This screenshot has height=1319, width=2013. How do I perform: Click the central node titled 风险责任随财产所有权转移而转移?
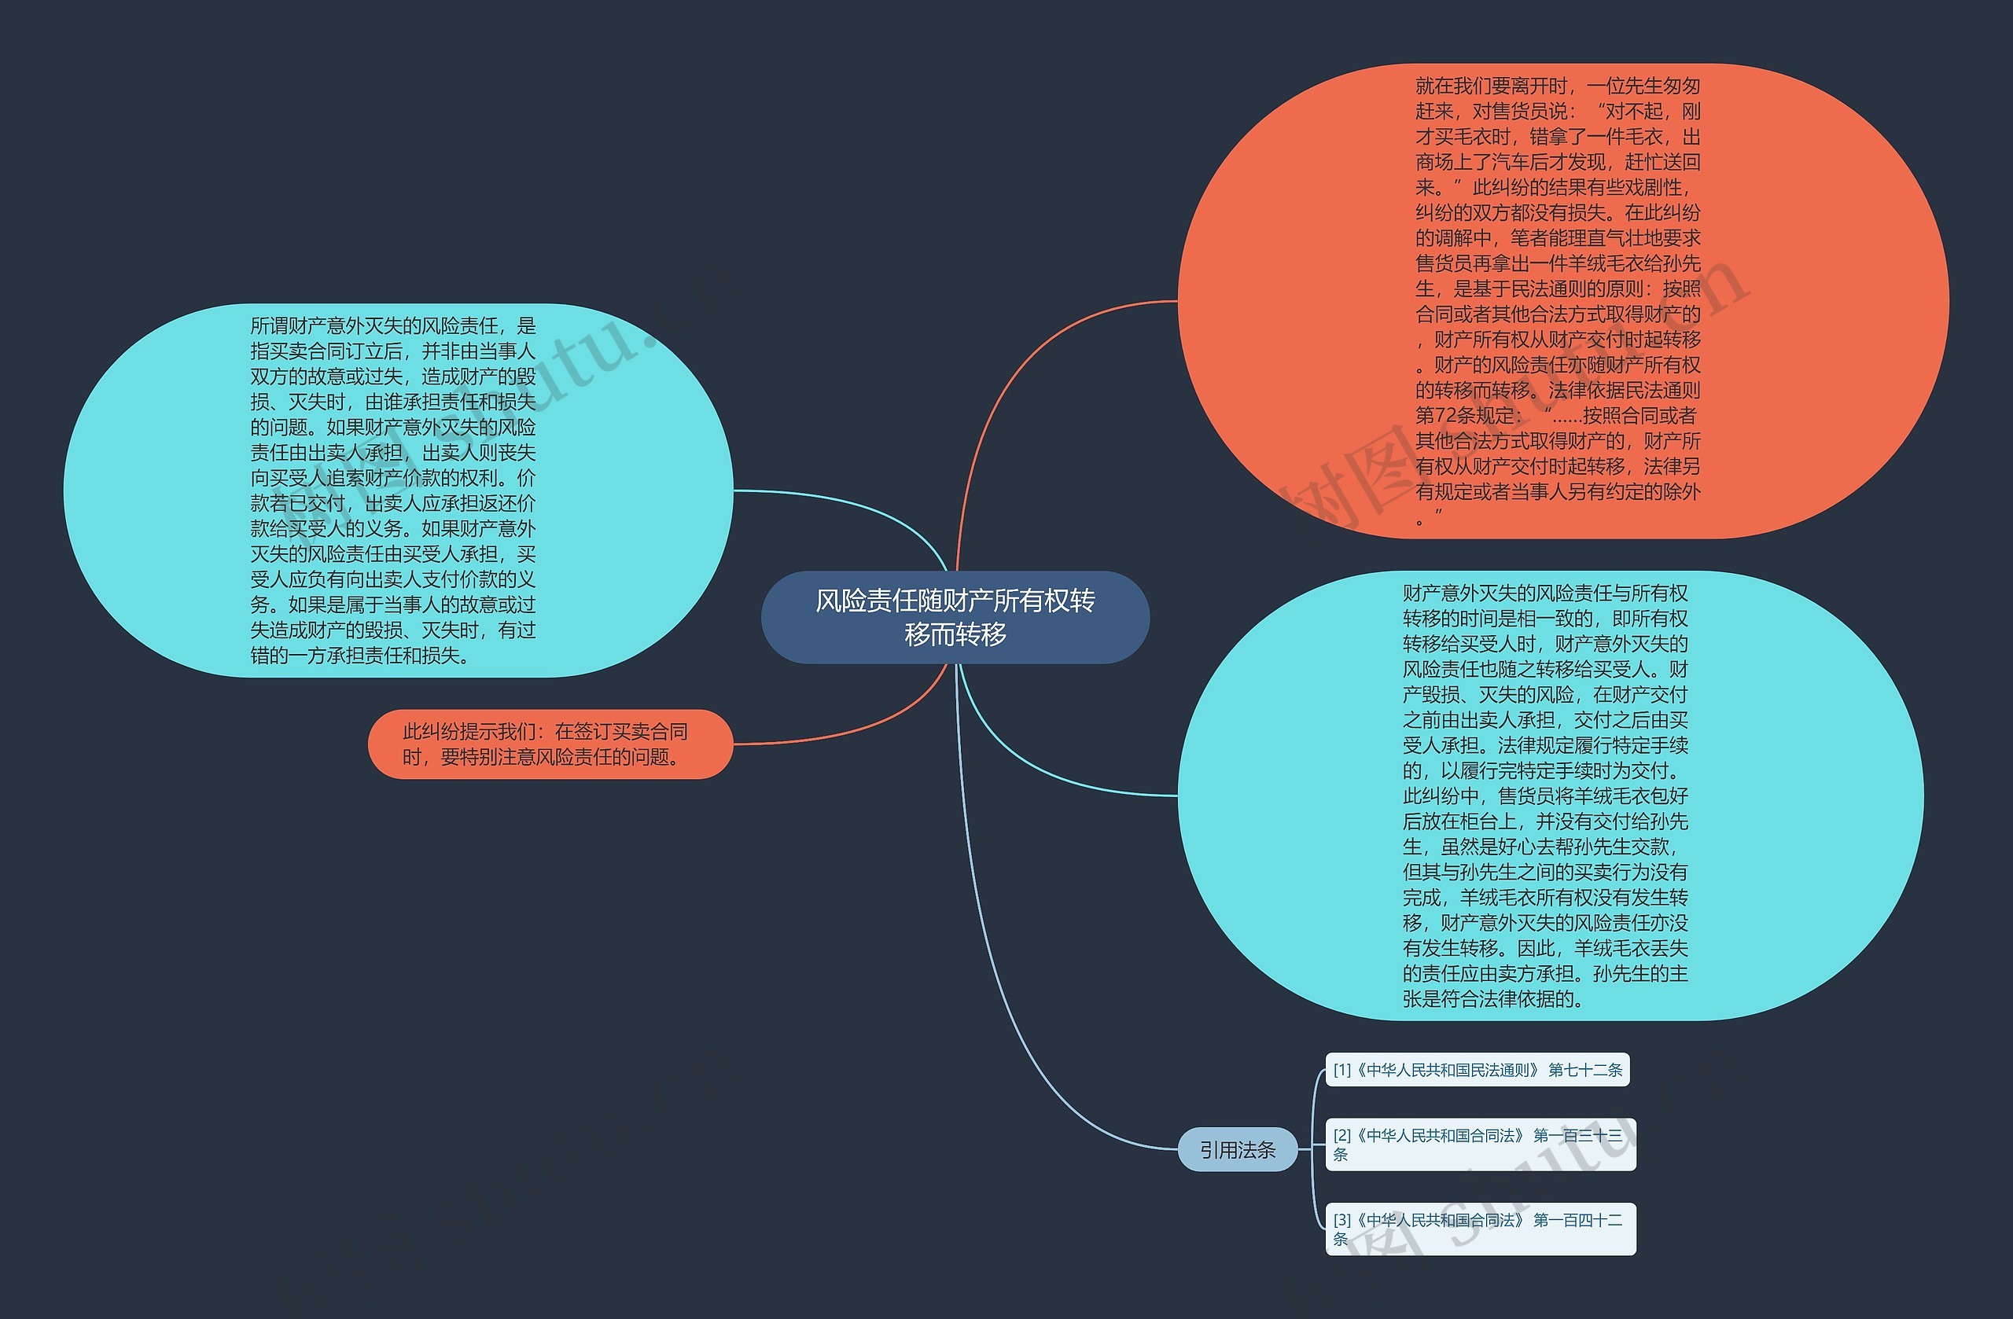pyautogui.click(x=955, y=617)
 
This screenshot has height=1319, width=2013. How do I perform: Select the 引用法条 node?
pyautogui.click(x=1237, y=1150)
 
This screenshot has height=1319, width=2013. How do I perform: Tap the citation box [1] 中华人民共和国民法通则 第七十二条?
pyautogui.click(x=1477, y=1070)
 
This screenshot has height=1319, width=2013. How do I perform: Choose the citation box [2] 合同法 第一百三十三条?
pyautogui.click(x=1480, y=1144)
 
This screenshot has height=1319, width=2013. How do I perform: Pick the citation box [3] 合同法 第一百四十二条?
pyautogui.click(x=1480, y=1229)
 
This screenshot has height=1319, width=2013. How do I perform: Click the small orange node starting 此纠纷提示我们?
pyautogui.click(x=550, y=744)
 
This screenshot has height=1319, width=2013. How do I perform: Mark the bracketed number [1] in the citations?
pyautogui.click(x=1342, y=1071)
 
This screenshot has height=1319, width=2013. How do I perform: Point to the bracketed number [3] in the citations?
pyautogui.click(x=1342, y=1220)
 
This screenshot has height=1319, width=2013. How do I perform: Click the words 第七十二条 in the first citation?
pyautogui.click(x=1585, y=1071)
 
